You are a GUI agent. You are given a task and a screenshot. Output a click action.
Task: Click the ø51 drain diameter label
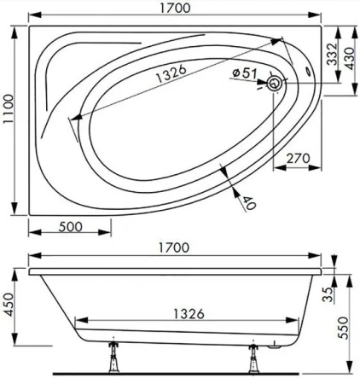point(245,73)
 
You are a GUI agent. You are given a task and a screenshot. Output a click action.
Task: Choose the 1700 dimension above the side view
point(175,247)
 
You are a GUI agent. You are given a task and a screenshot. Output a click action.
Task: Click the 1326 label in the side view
point(183,313)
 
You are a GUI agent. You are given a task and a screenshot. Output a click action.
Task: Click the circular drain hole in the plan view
point(276,83)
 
